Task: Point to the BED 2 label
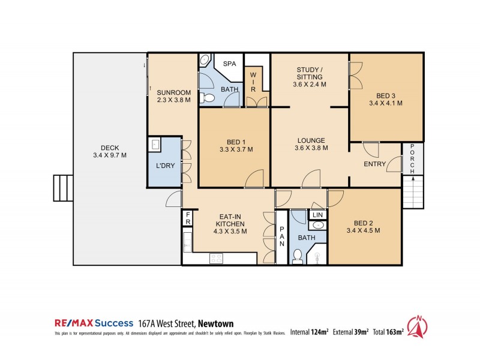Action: coord(363,226)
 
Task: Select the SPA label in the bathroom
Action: coord(229,64)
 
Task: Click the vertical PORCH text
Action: coord(412,160)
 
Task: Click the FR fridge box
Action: coord(188,217)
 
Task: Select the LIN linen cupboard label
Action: coord(317,214)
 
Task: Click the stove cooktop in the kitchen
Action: coord(216,259)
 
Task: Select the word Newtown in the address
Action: coord(217,322)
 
